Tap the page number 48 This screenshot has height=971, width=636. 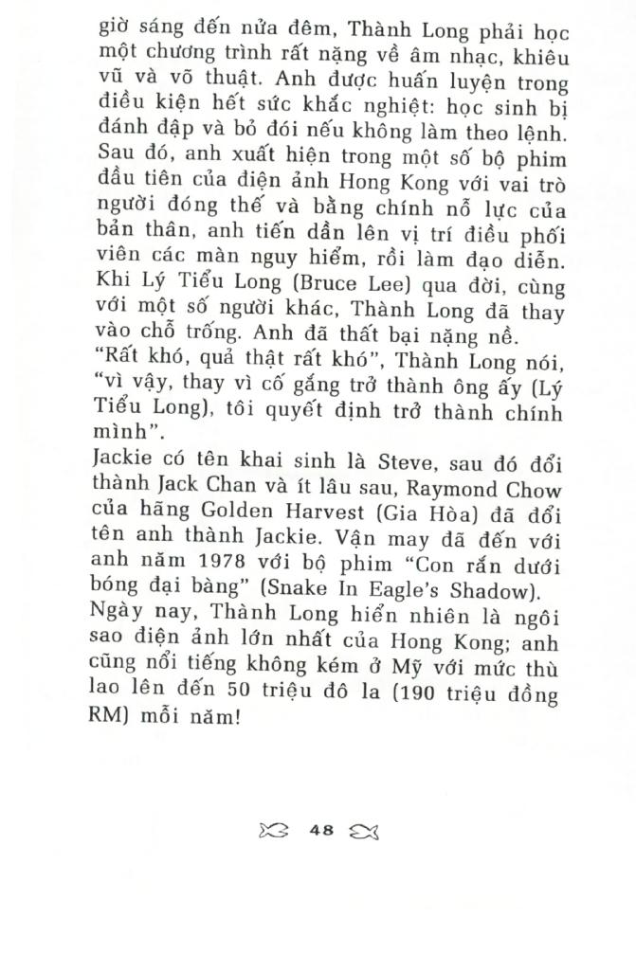click(321, 830)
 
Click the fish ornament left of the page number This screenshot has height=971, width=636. click(273, 831)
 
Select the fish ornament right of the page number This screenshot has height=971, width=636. click(365, 831)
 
